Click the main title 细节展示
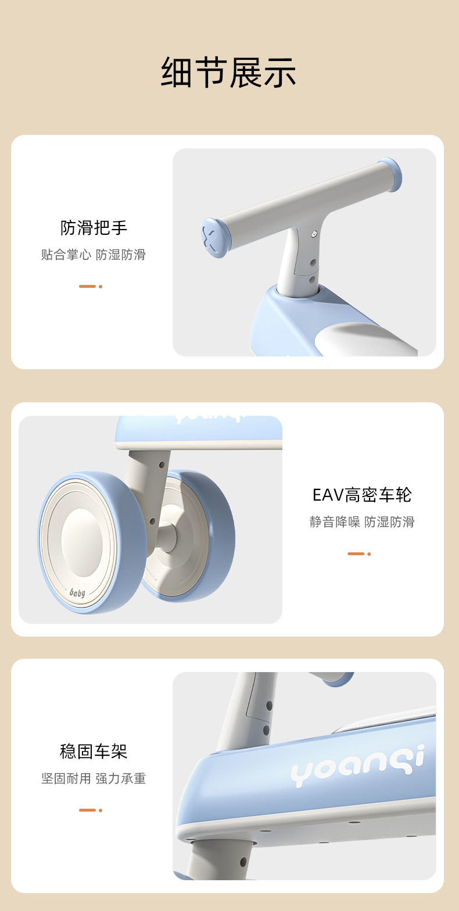229,73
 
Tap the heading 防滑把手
94,228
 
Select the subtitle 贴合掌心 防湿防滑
94,255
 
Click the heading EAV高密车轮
362,495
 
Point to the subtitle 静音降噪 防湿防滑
362,522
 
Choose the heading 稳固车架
94,752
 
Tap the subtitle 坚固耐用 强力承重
94,778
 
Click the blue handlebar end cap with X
213,238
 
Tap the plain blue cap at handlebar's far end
390,174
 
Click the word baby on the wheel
77,592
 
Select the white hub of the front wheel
81,542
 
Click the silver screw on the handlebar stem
314,234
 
